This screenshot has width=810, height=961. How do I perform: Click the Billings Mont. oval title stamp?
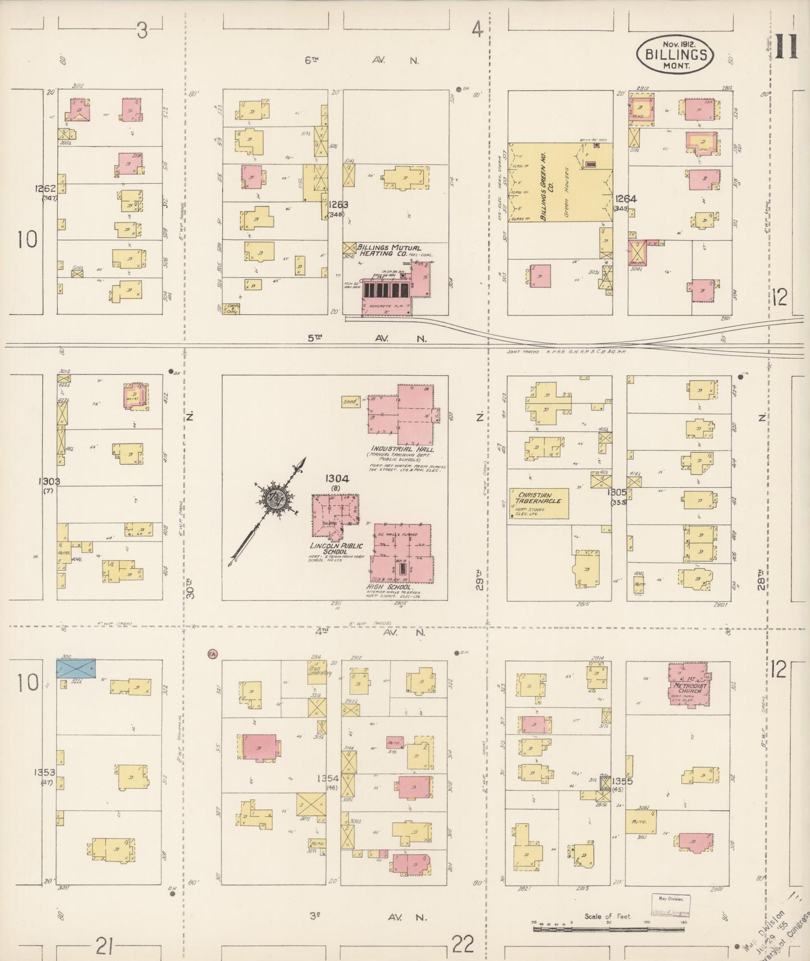(675, 54)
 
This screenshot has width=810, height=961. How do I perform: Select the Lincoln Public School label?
(336, 549)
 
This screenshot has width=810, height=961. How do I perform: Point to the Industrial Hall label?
(399, 449)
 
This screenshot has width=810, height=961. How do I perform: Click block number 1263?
(339, 205)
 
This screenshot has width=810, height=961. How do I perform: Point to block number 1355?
(622, 780)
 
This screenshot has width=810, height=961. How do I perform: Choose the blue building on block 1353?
(76, 668)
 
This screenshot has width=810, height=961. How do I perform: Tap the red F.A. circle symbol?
(212, 654)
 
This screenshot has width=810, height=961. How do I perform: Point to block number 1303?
(49, 481)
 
